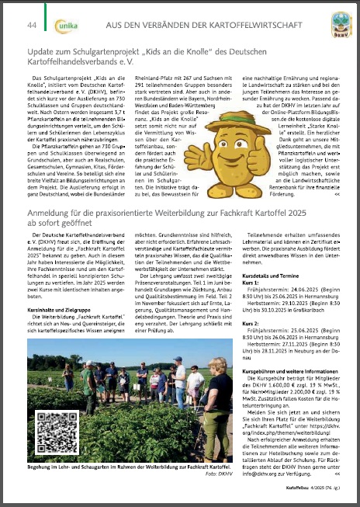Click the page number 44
33,26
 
